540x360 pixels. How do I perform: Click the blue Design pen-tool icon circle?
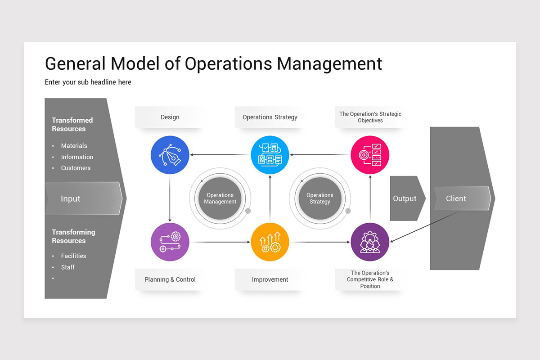tap(170, 155)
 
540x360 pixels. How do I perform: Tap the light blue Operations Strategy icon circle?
tap(270, 155)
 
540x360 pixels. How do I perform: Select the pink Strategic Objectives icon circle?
tap(370, 155)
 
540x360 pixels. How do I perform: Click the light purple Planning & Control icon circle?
tap(170, 242)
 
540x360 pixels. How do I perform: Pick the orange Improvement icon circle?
tap(270, 242)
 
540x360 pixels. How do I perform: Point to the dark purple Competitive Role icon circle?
tap(370, 242)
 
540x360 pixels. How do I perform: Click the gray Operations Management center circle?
tap(220, 198)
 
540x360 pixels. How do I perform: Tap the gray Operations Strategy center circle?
tap(320, 198)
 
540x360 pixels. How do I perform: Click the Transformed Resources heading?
tap(72, 125)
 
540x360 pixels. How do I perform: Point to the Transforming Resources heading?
tap(73, 236)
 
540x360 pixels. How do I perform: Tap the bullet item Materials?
tap(74, 146)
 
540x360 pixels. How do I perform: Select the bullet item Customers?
tap(76, 168)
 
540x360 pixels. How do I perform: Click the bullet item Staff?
tap(68, 267)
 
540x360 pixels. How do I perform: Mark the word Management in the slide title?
tap(329, 64)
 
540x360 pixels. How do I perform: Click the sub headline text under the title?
tap(88, 82)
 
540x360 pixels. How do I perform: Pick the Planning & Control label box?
tap(170, 279)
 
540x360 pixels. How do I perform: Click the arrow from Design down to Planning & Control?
tap(170, 198)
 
